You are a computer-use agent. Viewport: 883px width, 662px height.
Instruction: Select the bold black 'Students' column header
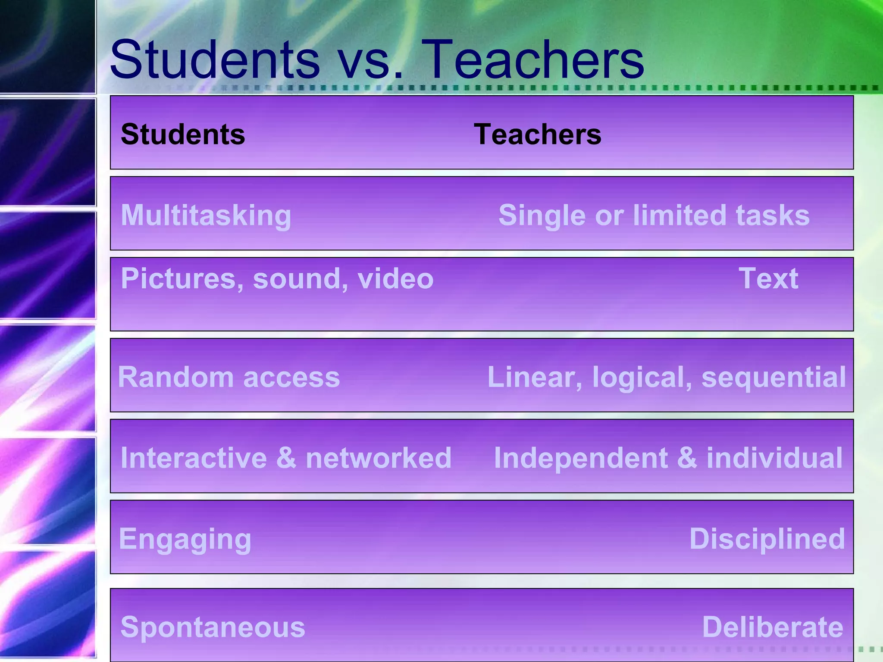pyautogui.click(x=183, y=134)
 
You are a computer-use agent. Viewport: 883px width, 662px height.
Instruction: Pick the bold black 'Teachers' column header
pyautogui.click(x=537, y=134)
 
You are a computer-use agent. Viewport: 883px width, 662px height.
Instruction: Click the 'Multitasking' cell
pyautogui.click(x=206, y=215)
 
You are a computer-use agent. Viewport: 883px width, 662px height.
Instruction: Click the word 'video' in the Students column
pyautogui.click(x=395, y=278)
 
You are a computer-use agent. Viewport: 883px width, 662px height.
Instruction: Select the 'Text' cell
pyautogui.click(x=768, y=278)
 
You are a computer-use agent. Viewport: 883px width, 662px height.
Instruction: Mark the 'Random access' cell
pyautogui.click(x=229, y=377)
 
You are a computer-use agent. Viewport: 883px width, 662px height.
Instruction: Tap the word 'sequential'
pyautogui.click(x=773, y=377)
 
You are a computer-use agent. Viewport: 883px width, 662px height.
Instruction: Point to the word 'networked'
pyautogui.click(x=379, y=458)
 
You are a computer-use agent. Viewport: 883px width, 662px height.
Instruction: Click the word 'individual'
pyautogui.click(x=774, y=458)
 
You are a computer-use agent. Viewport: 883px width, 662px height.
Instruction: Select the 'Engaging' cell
pyautogui.click(x=185, y=539)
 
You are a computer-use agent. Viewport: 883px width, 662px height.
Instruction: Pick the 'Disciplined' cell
pyautogui.click(x=767, y=539)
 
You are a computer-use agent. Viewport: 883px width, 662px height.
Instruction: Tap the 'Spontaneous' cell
pyautogui.click(x=213, y=627)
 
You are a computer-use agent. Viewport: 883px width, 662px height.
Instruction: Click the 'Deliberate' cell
pyautogui.click(x=773, y=627)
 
